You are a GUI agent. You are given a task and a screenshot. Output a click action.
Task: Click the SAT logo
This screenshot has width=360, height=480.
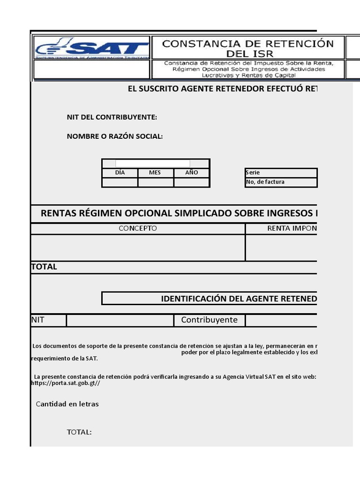tap(92, 48)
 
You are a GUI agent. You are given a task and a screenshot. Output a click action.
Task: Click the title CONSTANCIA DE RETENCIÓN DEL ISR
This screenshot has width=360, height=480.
tap(248, 49)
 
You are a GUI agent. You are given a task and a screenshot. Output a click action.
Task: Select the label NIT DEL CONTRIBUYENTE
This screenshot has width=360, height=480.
tap(112, 117)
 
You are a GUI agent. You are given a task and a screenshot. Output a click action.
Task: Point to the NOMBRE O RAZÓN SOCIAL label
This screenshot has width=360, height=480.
tap(115, 136)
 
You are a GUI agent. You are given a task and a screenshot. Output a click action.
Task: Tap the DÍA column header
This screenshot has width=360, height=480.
tap(120, 172)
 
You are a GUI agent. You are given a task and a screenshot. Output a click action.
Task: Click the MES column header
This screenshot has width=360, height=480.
tap(155, 172)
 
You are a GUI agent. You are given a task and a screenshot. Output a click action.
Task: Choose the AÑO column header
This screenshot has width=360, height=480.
tap(192, 172)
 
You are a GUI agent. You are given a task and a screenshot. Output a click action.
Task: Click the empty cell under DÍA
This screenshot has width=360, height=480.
tap(120, 182)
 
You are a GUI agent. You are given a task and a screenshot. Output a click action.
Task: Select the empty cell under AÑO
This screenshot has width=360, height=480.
tap(192, 182)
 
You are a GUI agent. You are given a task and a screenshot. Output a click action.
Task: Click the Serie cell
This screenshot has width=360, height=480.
tap(281, 172)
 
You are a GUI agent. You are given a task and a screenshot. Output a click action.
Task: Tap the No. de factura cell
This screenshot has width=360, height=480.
tap(281, 182)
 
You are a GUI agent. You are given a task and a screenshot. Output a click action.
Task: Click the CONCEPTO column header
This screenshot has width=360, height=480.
tap(138, 229)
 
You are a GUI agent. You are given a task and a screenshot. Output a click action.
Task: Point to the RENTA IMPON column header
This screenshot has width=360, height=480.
tap(292, 229)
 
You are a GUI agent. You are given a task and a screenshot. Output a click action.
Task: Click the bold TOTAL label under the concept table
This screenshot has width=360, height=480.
tap(44, 267)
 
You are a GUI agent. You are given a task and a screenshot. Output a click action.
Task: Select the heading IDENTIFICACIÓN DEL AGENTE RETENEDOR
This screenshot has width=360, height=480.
tap(239, 299)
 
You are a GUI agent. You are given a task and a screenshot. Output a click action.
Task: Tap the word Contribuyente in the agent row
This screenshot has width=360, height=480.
tap(209, 320)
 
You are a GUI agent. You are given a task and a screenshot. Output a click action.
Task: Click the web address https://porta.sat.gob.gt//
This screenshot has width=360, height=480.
tap(66, 383)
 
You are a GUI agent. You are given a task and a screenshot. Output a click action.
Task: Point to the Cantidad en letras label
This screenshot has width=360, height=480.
tap(67, 404)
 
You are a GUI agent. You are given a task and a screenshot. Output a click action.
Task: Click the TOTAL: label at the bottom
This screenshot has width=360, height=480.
tap(79, 432)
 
